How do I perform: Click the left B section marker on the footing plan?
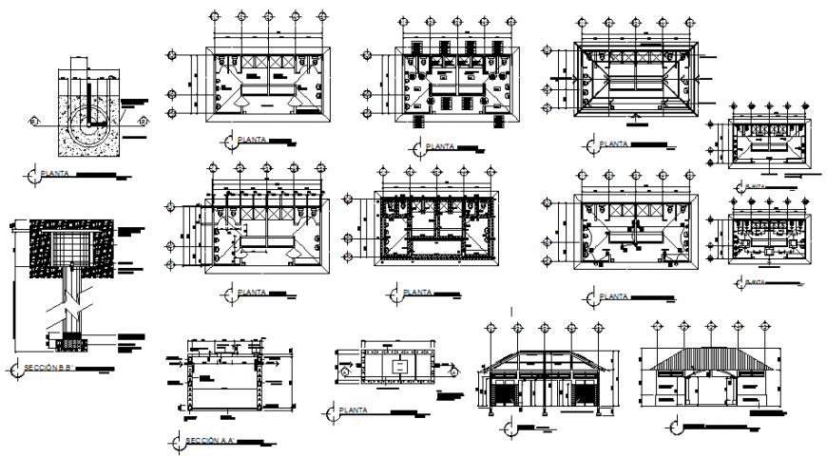[x=34, y=122]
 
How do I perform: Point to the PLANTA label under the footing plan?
[x=58, y=175]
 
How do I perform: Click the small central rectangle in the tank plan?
[x=400, y=367]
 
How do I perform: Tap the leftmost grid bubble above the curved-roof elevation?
[x=490, y=328]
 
